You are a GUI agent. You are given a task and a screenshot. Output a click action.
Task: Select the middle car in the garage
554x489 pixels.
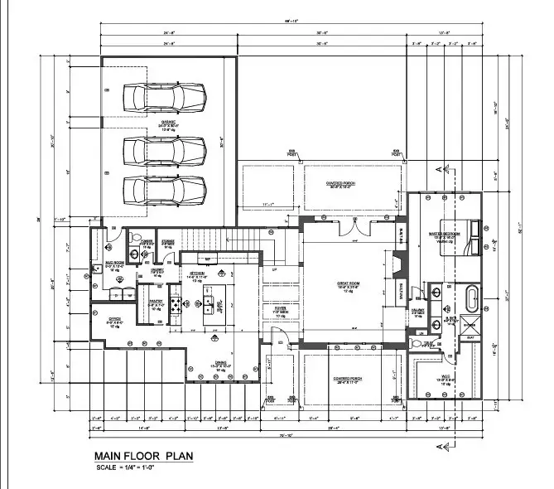tap(164, 151)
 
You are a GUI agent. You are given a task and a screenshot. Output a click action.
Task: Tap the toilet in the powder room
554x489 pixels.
tap(133, 254)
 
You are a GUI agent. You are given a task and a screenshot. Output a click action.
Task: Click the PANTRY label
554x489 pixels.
tap(153, 304)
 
